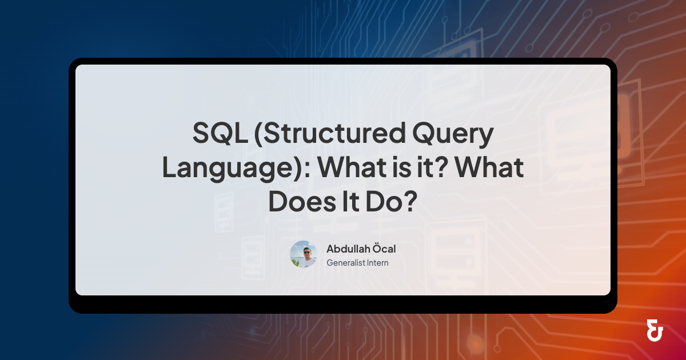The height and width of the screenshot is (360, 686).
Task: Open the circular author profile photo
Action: coord(304,254)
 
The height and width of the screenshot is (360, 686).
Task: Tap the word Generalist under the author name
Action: coord(346,263)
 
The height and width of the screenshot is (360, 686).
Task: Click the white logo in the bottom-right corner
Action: coord(655,331)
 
